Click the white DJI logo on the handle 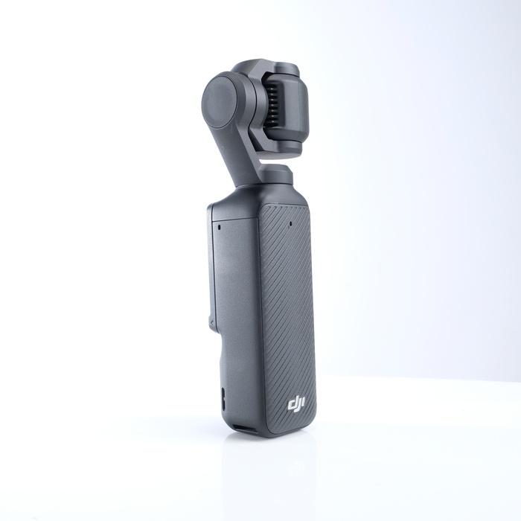click(x=296, y=404)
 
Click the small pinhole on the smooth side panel click(x=220, y=227)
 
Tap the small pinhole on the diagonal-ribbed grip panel click(x=291, y=223)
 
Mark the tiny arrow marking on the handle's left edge click(x=211, y=322)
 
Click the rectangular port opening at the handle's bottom click(x=245, y=429)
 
